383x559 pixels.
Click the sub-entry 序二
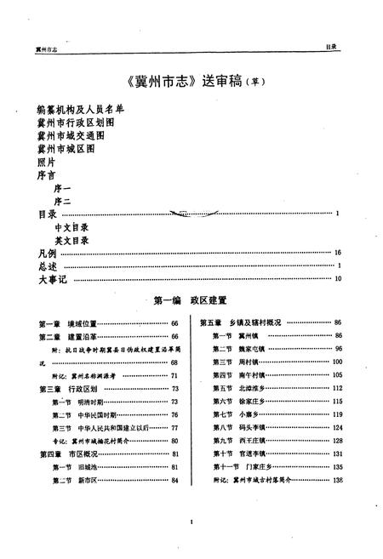pos(66,201)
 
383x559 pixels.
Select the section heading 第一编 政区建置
pos(190,300)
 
